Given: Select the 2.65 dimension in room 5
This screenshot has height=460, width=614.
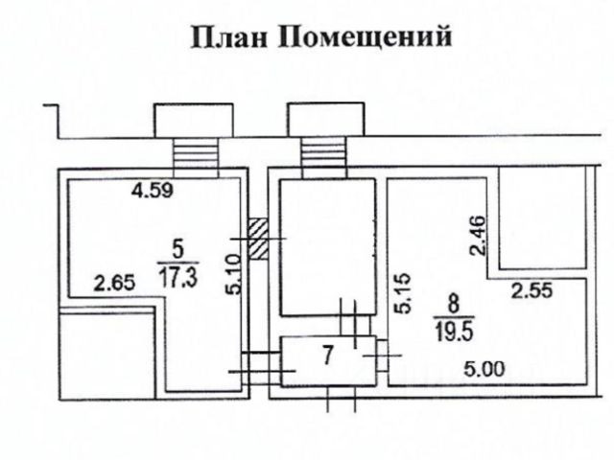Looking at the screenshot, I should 111,284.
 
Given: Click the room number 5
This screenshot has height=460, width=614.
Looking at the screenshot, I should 176,248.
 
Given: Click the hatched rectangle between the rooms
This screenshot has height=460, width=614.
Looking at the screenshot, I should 257,238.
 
